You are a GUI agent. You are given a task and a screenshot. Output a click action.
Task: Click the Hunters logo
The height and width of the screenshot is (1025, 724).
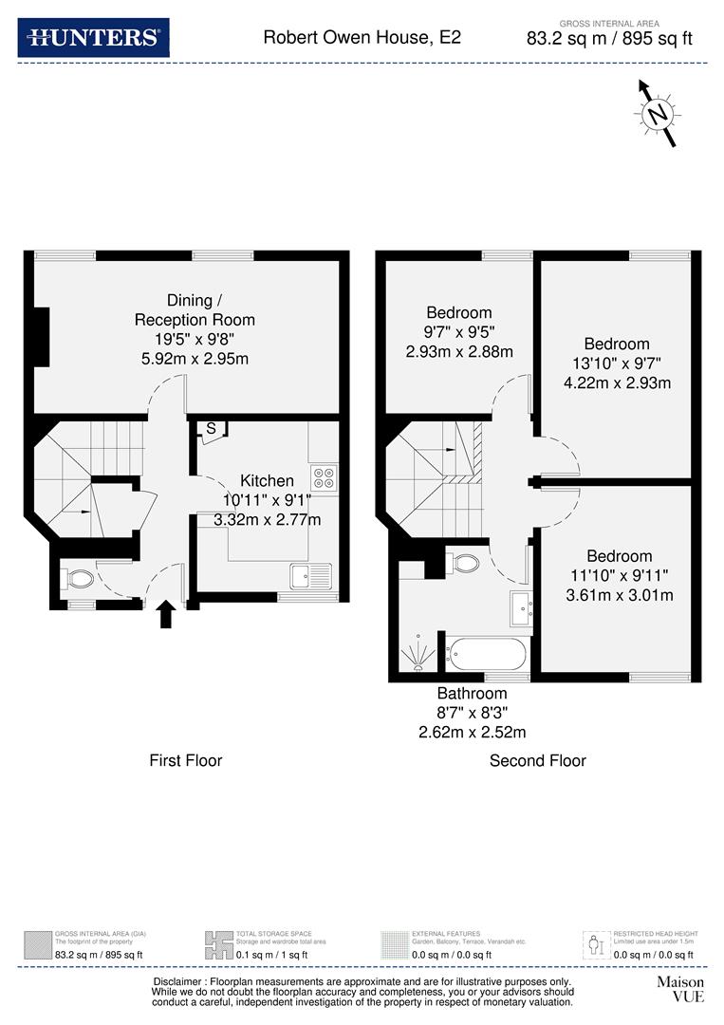93,38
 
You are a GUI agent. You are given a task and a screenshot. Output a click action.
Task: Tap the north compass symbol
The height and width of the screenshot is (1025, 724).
657,114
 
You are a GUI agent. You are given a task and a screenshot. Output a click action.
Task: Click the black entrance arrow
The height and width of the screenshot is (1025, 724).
165,614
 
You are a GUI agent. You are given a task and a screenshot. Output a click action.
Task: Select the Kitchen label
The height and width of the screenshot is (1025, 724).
267,481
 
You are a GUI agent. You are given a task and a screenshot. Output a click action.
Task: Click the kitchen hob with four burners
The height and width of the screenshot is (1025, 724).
324,478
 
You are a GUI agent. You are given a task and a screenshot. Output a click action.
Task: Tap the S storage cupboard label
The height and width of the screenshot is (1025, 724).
209,429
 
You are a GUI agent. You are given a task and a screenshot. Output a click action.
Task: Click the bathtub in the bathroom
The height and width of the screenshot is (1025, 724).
486,654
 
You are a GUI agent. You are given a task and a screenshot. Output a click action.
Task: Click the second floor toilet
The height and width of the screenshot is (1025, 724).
465,563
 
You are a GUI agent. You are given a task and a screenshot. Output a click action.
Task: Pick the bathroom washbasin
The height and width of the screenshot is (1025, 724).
520,608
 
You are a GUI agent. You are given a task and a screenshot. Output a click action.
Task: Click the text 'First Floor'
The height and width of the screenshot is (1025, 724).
186,760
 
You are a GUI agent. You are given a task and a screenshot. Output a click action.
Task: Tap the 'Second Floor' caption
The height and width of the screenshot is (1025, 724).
538,760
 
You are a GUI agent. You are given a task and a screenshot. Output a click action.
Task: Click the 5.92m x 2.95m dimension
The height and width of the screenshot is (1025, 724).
195,358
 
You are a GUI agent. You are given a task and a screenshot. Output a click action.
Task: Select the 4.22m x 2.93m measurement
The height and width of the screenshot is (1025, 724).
617,383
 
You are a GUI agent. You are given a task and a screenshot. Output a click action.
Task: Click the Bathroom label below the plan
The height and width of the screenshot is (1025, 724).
473,694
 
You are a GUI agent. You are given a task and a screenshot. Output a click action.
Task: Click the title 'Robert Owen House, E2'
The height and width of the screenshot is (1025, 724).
362,38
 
